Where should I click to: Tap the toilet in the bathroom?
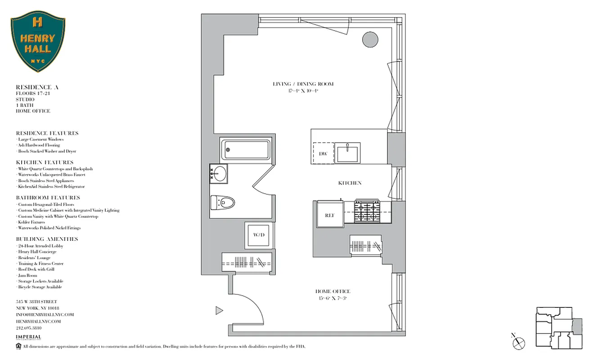coord(222,202)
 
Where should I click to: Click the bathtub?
coord(246,149)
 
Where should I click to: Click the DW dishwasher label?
coord(323,153)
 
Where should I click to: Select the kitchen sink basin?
coord(348,153)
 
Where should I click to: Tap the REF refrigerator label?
coord(330,216)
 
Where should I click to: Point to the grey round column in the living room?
coord(370,40)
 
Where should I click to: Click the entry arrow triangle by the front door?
coord(219,310)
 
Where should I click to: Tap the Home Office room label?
coord(332,292)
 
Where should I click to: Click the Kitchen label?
coord(350,183)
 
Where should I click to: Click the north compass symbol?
coord(519,342)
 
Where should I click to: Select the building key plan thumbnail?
coord(558,328)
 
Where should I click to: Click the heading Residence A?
coord(37,87)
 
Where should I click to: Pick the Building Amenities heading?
coord(47,239)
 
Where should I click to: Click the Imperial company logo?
coord(28,337)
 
